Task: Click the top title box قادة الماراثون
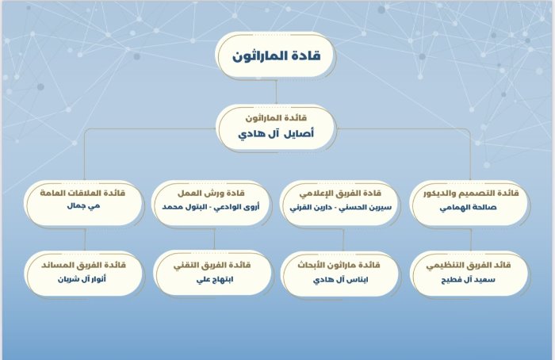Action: [x=275, y=56]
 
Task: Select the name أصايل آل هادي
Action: [x=276, y=134]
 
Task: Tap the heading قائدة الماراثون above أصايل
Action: [x=277, y=118]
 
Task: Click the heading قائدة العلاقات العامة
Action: [x=82, y=193]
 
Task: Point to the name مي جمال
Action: [x=83, y=206]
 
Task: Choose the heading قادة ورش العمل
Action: [x=211, y=193]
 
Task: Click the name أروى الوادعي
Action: [x=238, y=207]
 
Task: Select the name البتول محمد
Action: [x=185, y=207]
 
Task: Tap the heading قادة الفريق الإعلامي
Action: [x=340, y=193]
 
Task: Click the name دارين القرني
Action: [x=311, y=208]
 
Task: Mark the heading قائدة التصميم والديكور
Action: [x=471, y=193]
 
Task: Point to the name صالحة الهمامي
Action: [x=469, y=208]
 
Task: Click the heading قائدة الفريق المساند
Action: [x=83, y=265]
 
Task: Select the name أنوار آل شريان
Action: [x=82, y=279]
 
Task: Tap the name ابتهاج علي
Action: [x=215, y=280]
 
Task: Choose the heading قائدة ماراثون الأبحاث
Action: [x=339, y=265]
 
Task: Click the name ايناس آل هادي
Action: [x=340, y=280]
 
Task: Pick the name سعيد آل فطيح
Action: [x=468, y=280]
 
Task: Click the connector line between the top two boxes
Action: [x=276, y=92]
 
